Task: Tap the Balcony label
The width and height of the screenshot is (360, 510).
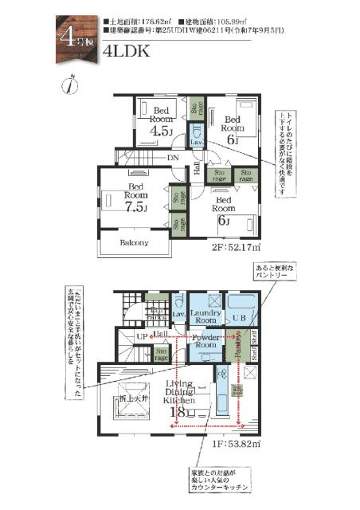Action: pos(134,242)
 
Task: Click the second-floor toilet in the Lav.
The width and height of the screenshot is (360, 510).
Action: pos(197,137)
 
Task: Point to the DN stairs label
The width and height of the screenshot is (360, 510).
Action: pos(172,158)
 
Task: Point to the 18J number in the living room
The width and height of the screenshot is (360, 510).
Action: pos(180,412)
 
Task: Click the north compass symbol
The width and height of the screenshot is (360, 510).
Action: pos(72,83)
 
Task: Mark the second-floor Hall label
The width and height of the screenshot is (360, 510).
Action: pos(196,170)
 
